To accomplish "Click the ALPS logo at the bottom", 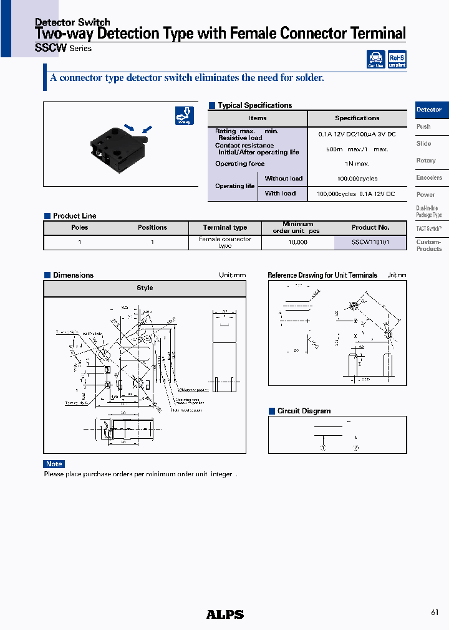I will tap(224, 614).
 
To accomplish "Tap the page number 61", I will tap(435, 613).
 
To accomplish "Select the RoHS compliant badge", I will tap(397, 60).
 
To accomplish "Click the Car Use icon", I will tap(375, 60).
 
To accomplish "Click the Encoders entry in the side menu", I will tap(429, 177).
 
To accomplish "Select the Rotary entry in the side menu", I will tap(427, 161).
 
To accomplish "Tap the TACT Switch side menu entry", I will tap(429, 228).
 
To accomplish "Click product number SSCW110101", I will tap(370, 242).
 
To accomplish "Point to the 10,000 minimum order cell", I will tap(297, 242).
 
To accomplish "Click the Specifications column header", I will tap(357, 118).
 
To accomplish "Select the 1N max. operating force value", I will tap(357, 164).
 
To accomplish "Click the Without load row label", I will tap(283, 179).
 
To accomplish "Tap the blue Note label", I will tap(54, 464).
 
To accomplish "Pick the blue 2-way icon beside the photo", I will tap(184, 116).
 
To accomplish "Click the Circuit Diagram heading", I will tap(304, 411).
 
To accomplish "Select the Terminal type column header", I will tap(225, 227).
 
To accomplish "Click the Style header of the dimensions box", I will tap(145, 288).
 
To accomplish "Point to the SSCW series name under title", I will tap(63, 49).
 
